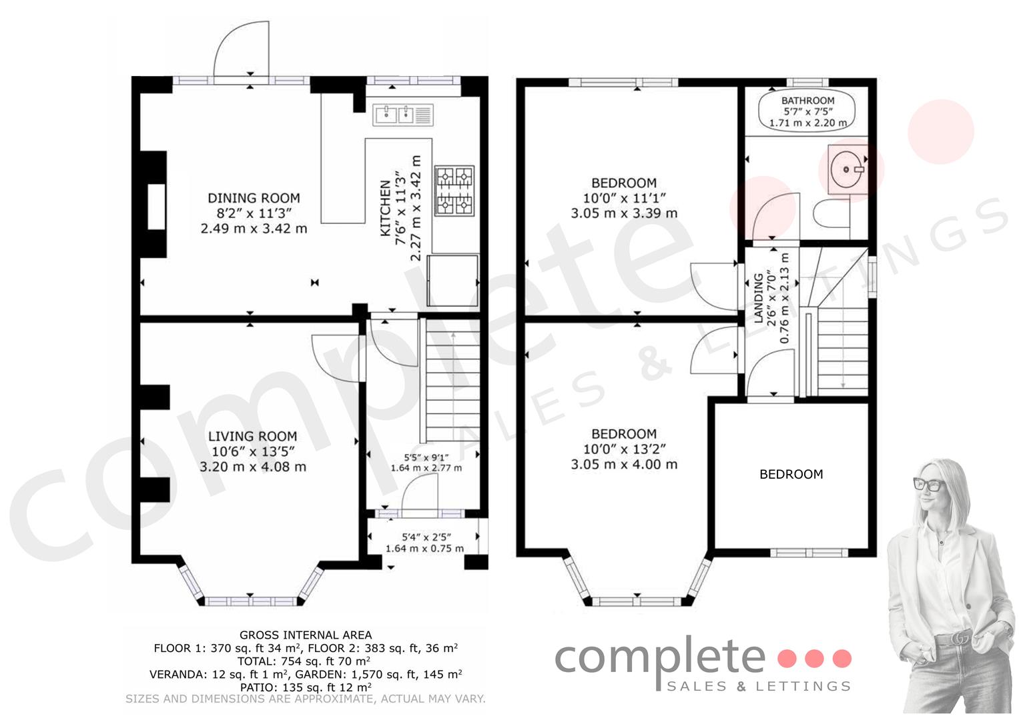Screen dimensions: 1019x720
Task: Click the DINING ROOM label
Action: click(x=254, y=198)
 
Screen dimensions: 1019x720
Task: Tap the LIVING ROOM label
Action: click(x=252, y=437)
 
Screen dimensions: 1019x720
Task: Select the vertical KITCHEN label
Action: click(x=385, y=208)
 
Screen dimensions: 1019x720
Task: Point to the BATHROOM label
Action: click(x=808, y=101)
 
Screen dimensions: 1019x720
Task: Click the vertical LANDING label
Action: click(x=758, y=298)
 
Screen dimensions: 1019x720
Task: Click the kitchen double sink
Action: click(x=402, y=115)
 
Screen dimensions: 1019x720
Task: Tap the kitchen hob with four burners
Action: click(x=454, y=191)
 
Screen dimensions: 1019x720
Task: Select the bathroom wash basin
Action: click(x=847, y=169)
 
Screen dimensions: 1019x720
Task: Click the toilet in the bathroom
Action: click(x=831, y=213)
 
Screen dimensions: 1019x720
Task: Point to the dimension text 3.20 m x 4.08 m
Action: click(x=252, y=467)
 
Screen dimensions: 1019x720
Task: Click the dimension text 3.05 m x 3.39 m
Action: click(x=624, y=213)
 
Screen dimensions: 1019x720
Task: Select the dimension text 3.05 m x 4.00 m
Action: click(x=624, y=464)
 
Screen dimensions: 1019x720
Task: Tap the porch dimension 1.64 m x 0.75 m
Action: click(x=424, y=549)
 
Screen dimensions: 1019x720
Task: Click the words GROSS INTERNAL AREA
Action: click(x=306, y=635)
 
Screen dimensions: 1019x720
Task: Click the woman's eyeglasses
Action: click(x=929, y=484)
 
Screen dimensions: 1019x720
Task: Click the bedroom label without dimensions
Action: click(x=791, y=475)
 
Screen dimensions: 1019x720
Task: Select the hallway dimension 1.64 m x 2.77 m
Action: click(x=426, y=468)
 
